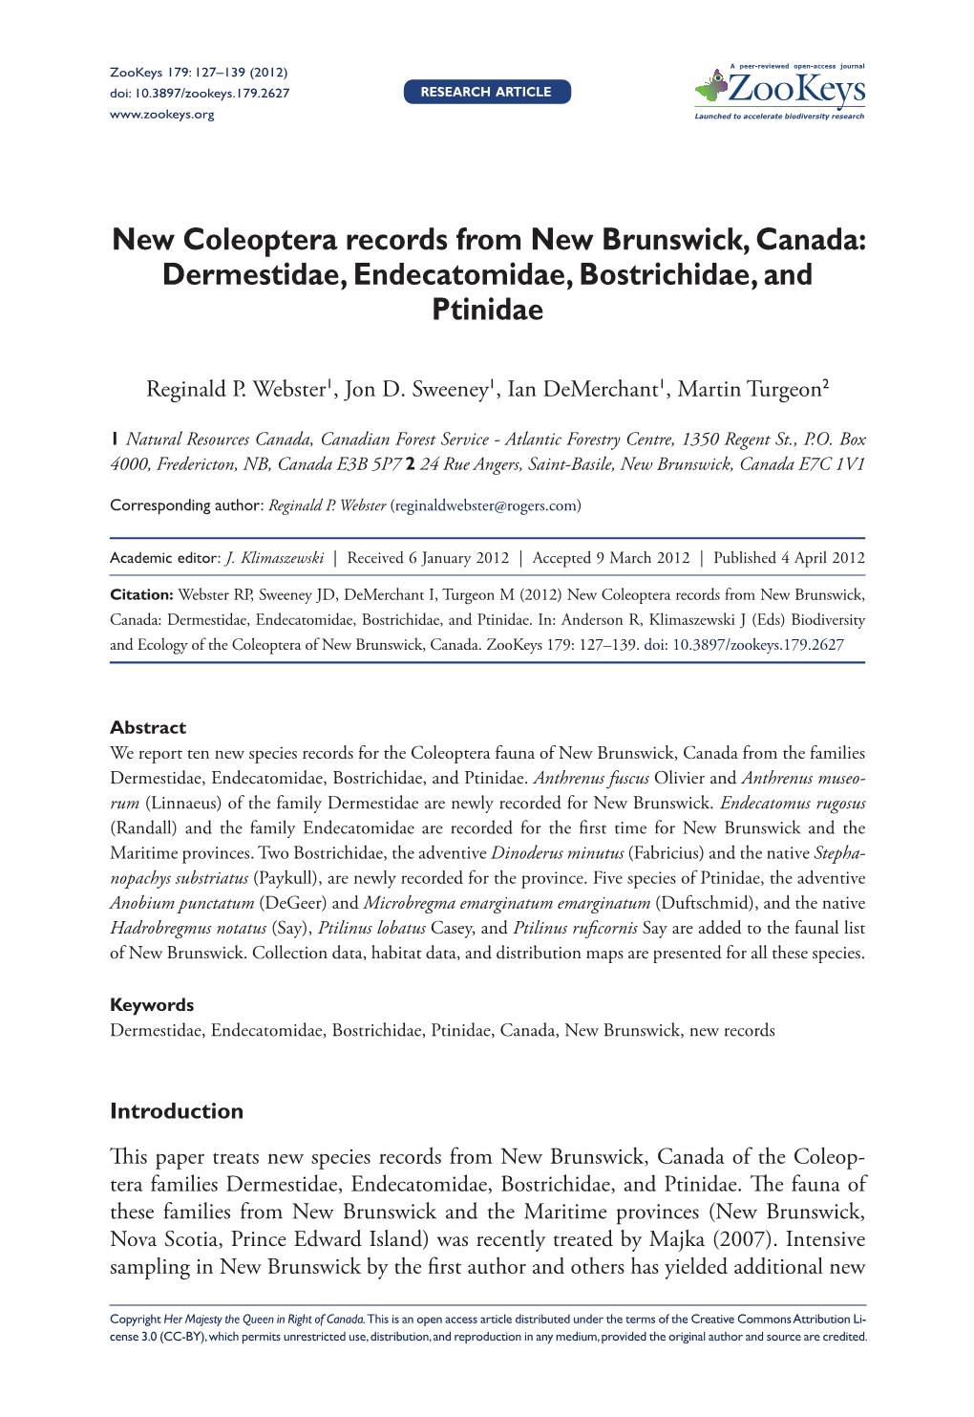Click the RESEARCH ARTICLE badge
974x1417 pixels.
pos(487,92)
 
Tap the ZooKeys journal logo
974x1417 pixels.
pos(780,91)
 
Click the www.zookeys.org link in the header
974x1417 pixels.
pos(162,115)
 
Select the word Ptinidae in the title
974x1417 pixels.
pos(487,310)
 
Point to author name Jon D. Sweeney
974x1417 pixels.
pos(416,389)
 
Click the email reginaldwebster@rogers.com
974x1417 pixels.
pos(485,505)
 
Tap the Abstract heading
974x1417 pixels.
pos(148,727)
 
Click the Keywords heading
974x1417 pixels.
pos(152,1004)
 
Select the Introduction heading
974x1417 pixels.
pos(177,1110)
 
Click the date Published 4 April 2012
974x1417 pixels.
pos(789,558)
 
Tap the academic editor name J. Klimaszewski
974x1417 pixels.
pos(275,558)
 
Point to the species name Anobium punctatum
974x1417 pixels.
pos(182,903)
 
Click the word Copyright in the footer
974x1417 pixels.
pos(135,1320)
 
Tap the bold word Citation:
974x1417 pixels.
pos(141,595)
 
